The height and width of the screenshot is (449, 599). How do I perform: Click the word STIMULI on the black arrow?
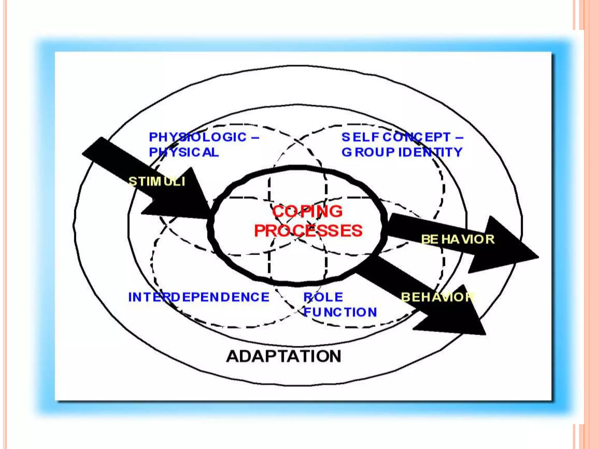click(x=157, y=182)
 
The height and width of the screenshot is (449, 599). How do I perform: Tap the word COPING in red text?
click(x=307, y=211)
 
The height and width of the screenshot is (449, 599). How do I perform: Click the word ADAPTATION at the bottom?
click(x=284, y=356)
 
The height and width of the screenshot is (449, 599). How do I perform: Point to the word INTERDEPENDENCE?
click(x=199, y=297)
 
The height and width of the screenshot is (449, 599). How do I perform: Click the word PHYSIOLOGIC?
click(x=198, y=137)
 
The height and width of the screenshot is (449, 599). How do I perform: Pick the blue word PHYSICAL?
click(x=184, y=152)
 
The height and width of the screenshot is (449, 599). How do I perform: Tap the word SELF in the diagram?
click(x=360, y=137)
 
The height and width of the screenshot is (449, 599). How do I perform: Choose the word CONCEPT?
click(x=416, y=137)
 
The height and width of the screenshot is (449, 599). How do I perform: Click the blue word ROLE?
click(x=323, y=297)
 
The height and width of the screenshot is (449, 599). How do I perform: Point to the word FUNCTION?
click(x=340, y=312)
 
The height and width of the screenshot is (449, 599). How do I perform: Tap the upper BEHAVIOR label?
click(x=458, y=239)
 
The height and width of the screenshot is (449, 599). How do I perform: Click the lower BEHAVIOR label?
click(x=437, y=297)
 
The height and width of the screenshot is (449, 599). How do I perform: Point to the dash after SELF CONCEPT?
click(x=459, y=137)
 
